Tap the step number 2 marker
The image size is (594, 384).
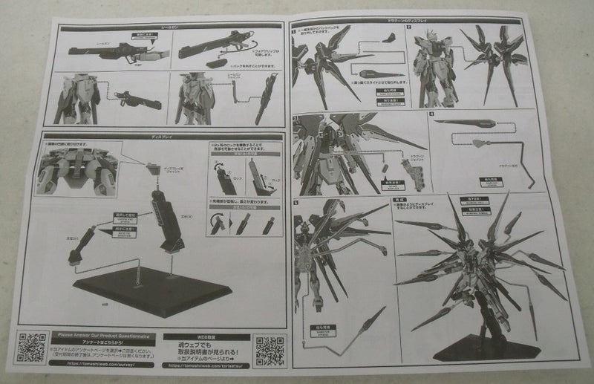417,30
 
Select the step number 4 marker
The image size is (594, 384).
431,114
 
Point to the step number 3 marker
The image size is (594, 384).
295,116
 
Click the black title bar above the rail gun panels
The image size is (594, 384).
167,26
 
